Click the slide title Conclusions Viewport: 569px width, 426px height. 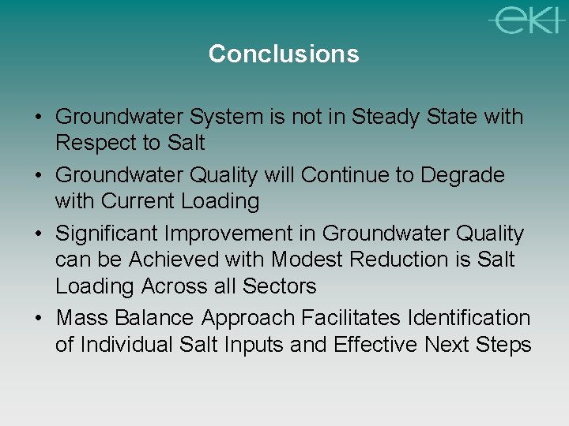[x=284, y=54]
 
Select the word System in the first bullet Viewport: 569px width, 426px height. [x=226, y=117]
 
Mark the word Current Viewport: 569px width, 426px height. [x=141, y=201]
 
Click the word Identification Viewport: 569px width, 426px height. [x=469, y=318]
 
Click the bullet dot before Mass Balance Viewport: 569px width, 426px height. [x=39, y=318]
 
